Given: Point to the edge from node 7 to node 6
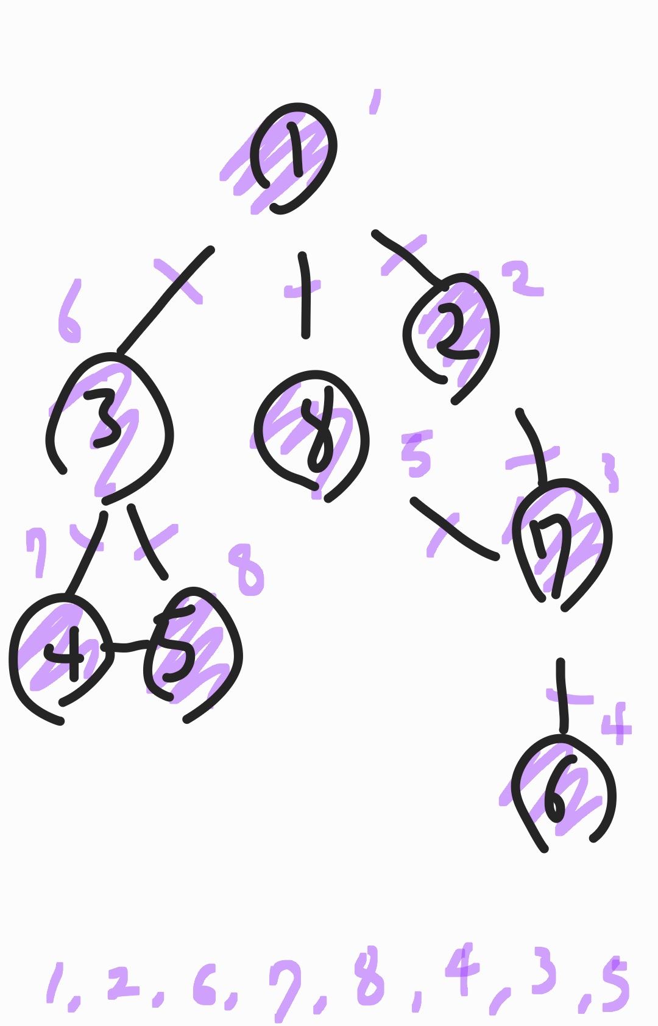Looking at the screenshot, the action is pos(562,695).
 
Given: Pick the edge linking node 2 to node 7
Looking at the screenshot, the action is pos(534,445).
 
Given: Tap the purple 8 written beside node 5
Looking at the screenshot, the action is pos(247,570).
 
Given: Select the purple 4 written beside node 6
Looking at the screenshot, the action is pos(617,724).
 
